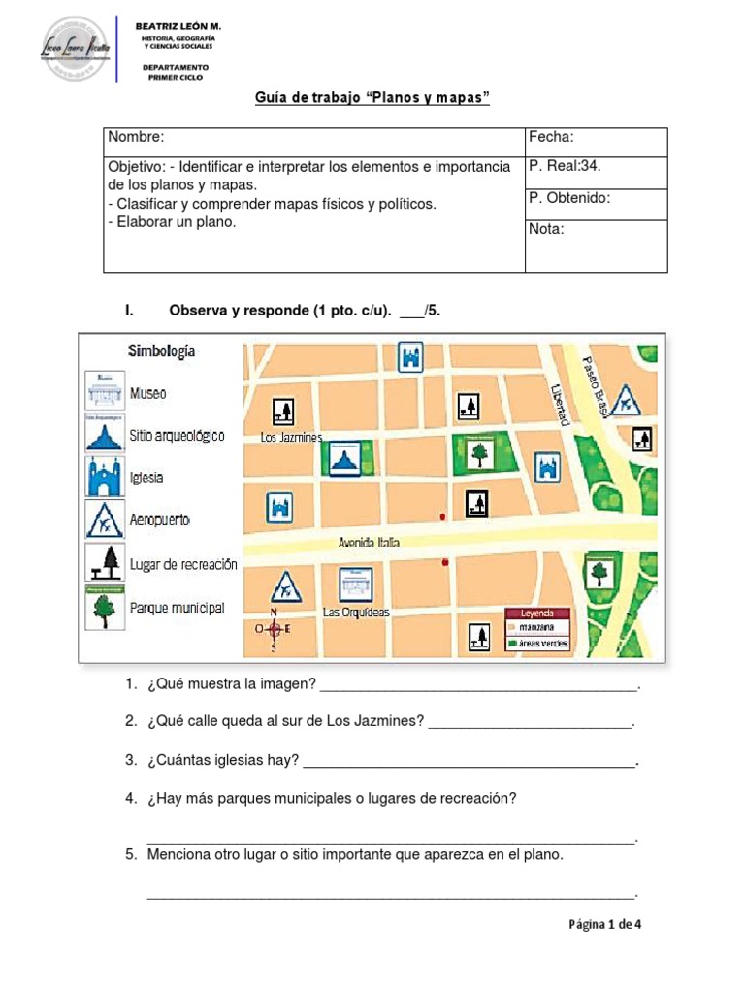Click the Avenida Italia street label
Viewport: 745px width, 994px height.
click(x=369, y=543)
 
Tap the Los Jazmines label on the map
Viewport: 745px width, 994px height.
click(x=291, y=438)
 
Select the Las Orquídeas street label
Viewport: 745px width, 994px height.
click(x=356, y=613)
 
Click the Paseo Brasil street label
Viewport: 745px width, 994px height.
click(x=595, y=385)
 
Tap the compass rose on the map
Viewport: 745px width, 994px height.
click(x=274, y=629)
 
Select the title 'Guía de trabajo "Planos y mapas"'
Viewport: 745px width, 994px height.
click(x=372, y=99)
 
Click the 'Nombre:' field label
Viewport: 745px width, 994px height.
click(x=136, y=137)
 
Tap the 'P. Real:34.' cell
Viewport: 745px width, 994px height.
click(x=565, y=165)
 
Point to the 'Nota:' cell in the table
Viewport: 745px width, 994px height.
click(x=546, y=230)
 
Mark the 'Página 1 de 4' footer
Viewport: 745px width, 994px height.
click(x=604, y=924)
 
